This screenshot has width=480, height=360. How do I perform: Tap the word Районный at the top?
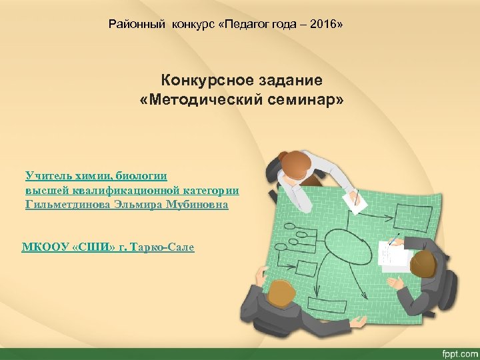138,25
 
